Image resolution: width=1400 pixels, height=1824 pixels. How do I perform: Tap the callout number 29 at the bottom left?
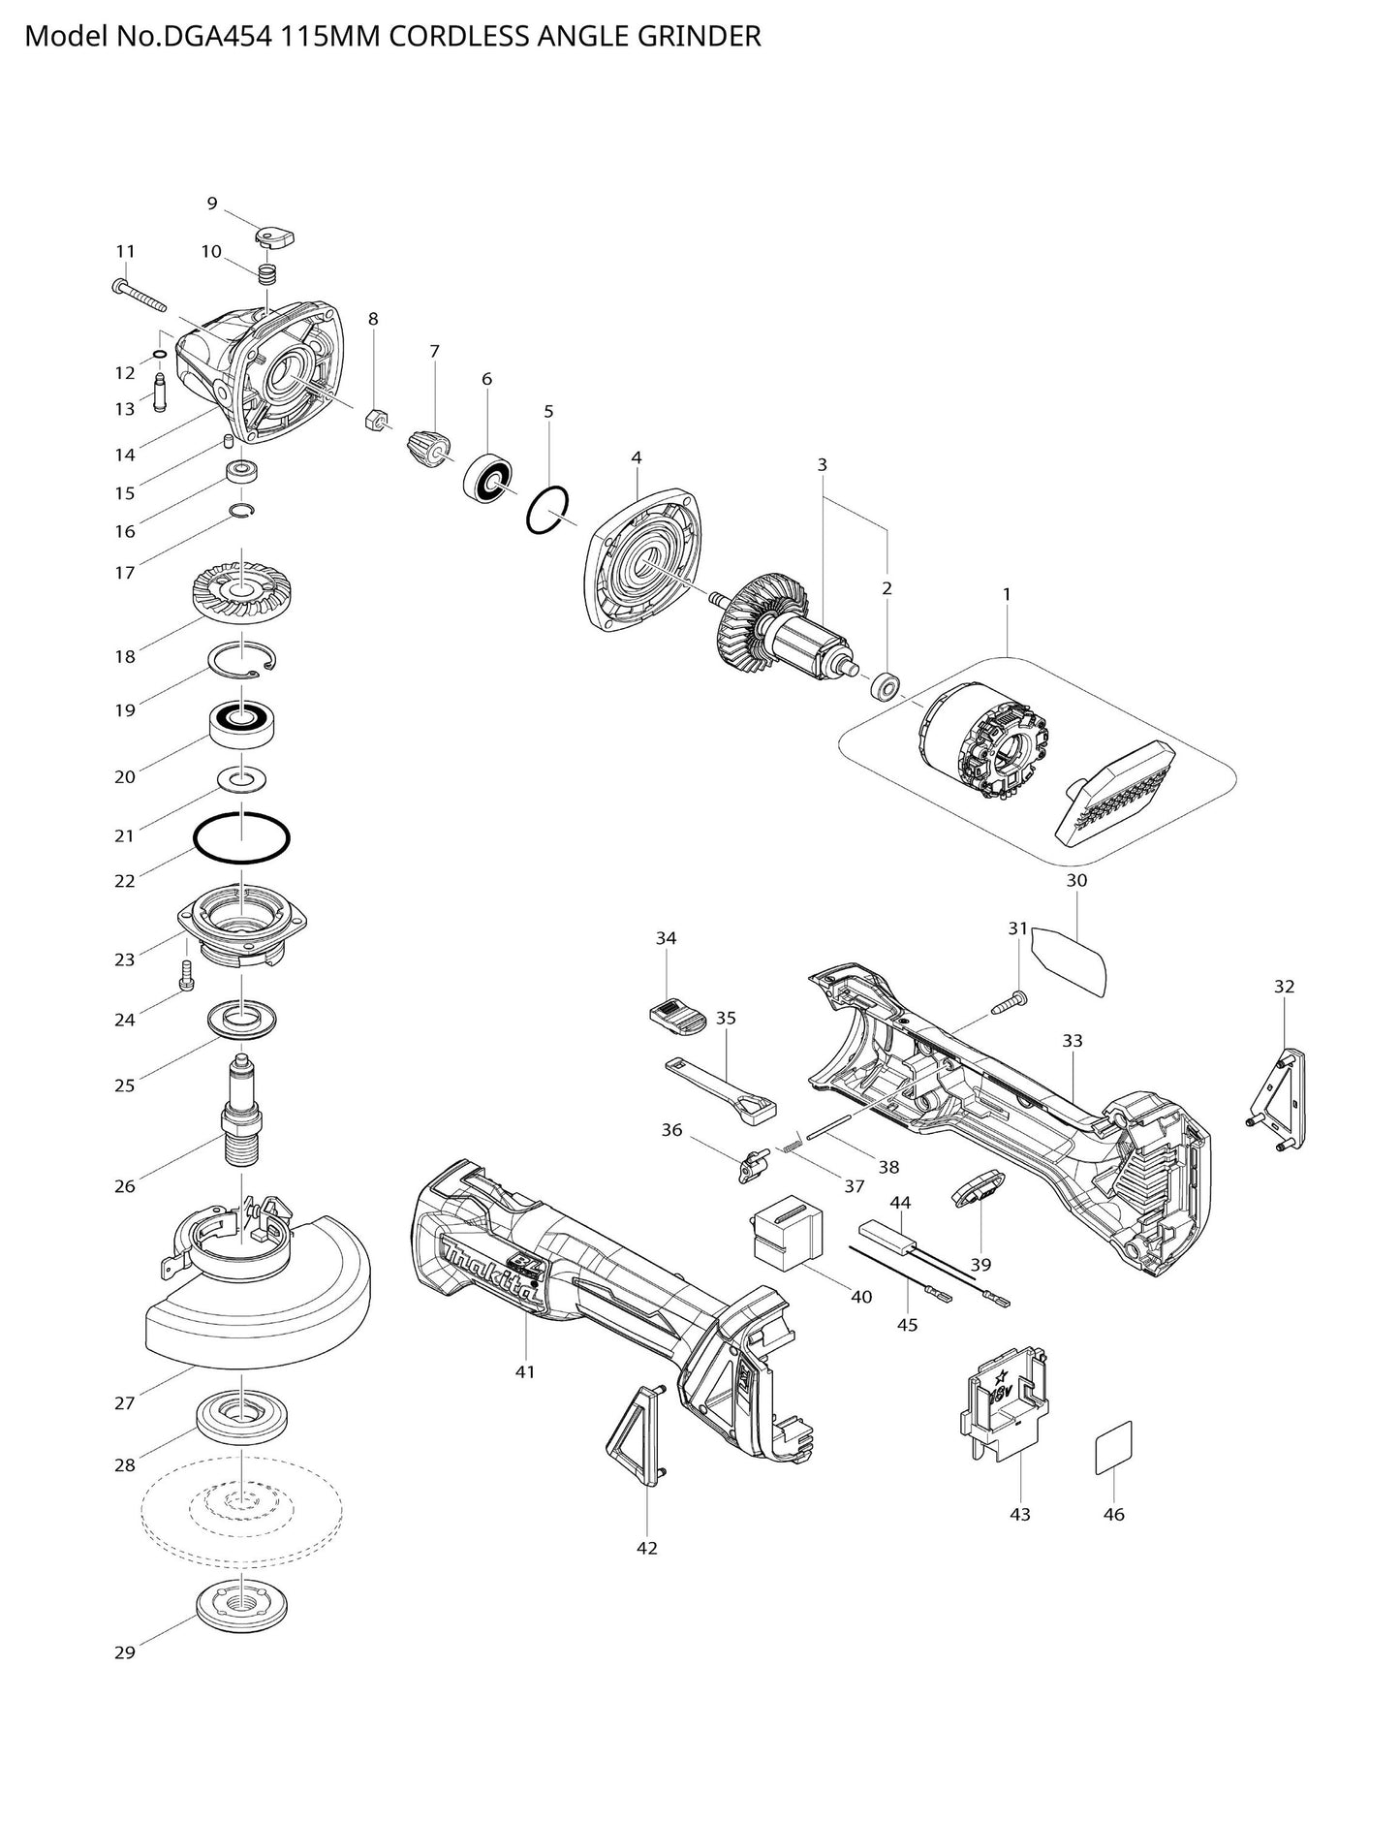[125, 1653]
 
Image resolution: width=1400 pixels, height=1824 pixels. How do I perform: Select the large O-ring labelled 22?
[242, 836]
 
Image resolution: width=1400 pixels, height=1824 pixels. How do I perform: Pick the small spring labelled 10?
[267, 274]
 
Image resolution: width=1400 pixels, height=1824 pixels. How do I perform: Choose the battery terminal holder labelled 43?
[1008, 1415]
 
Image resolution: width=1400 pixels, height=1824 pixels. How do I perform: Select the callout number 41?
[524, 1372]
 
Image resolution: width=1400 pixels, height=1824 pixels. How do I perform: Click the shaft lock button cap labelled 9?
[274, 236]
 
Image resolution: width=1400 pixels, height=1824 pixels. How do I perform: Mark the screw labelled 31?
[1010, 1003]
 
